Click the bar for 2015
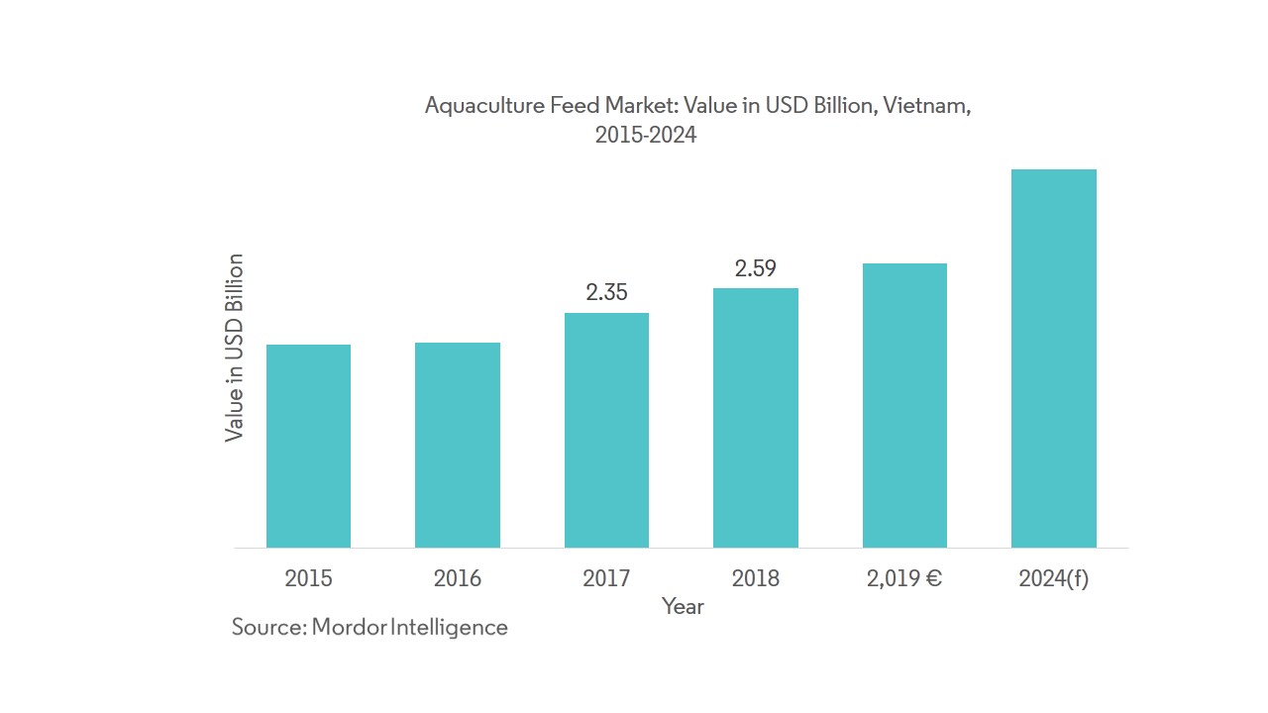[308, 446]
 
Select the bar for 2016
[458, 445]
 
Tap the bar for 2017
[606, 430]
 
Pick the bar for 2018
[756, 418]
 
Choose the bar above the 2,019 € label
[904, 405]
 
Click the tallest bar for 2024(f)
[1053, 358]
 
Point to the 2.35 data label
[606, 292]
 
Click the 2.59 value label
[755, 267]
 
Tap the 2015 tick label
[308, 578]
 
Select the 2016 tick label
[458, 578]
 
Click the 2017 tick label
[606, 578]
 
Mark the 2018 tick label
[756, 578]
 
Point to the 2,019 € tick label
[904, 578]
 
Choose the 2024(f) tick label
[1053, 578]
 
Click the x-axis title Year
[683, 606]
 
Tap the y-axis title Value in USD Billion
[235, 348]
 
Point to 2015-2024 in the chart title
[646, 136]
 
